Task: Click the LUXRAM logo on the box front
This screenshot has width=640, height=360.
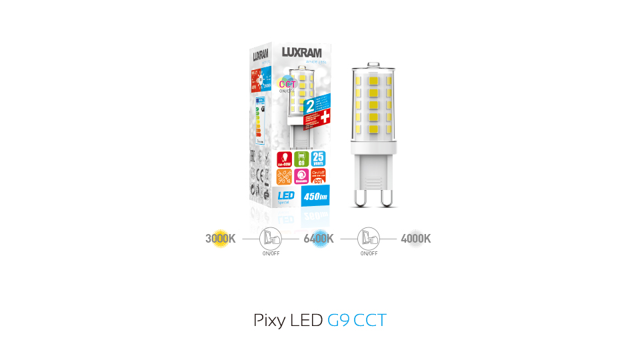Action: (301, 52)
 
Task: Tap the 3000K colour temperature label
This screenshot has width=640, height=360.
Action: (221, 238)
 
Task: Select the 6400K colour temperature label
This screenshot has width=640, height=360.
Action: (319, 238)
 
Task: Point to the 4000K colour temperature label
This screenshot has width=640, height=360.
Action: (415, 238)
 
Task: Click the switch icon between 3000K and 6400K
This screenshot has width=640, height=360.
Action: (270, 238)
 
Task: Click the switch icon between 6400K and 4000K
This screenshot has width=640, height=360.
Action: (369, 238)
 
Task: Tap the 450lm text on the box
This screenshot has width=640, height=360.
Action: (313, 197)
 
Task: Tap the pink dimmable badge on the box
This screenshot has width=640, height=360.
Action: (301, 177)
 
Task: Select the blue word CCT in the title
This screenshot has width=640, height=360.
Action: (370, 320)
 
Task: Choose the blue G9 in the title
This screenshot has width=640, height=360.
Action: (339, 320)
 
